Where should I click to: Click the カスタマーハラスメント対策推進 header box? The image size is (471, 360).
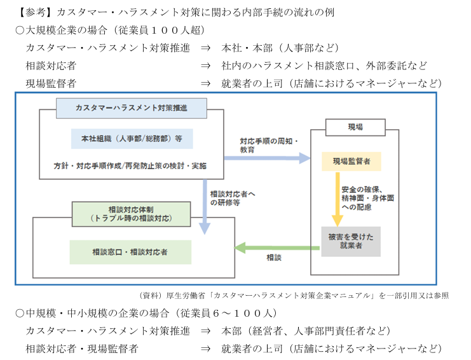pyautogui.click(x=132, y=107)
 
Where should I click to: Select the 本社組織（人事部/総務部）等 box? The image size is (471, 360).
pyautogui.click(x=132, y=139)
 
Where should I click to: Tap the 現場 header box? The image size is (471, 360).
pyautogui.click(x=355, y=127)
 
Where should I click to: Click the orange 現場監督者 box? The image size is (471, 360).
pyautogui.click(x=351, y=161)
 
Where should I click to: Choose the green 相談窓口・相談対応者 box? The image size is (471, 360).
pyautogui.click(x=130, y=252)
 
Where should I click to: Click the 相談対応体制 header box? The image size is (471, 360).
pyautogui.click(x=131, y=213)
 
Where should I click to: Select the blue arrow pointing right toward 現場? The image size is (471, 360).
pyautogui.click(x=267, y=158)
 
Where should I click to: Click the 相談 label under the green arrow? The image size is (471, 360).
pyautogui.click(x=274, y=258)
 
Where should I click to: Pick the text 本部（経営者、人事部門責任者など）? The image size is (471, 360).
pyautogui.click(x=305, y=331)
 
